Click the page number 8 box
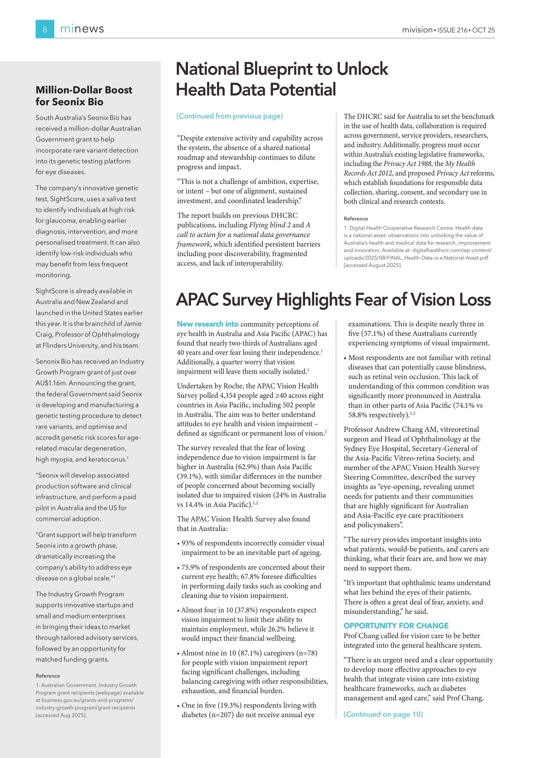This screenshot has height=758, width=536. coord(45,29)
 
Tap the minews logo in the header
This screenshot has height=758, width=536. coord(82,29)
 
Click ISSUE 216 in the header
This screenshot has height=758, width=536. coord(452,30)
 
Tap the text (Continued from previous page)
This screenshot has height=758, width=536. coord(230,116)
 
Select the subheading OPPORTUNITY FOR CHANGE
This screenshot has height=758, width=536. coord(396,626)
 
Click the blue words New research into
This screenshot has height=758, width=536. coord(207,324)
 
